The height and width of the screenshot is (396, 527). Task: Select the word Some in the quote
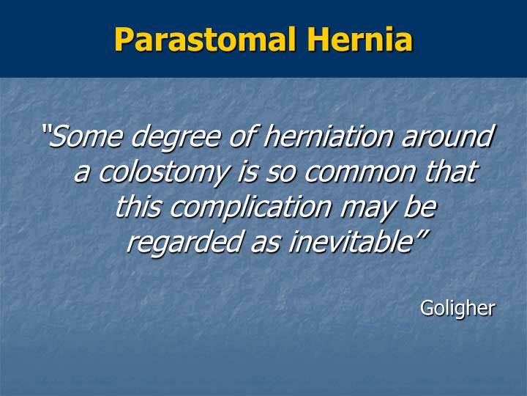[x=87, y=136]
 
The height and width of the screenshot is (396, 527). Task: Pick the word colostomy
[x=162, y=173]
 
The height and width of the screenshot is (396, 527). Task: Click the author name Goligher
[x=457, y=309]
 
